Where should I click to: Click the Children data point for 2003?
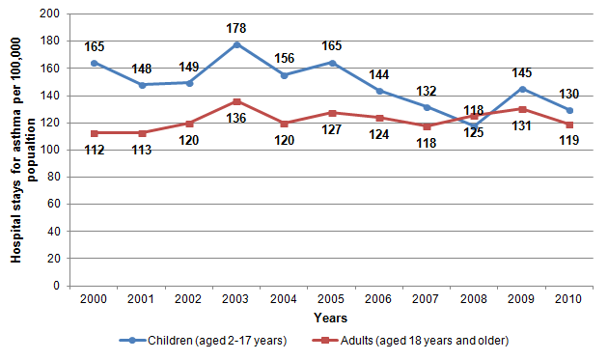click(236, 44)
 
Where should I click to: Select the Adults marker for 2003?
click(236, 101)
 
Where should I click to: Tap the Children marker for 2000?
click(95, 63)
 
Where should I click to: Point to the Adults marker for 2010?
click(569, 125)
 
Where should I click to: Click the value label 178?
click(236, 28)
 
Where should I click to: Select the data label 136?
click(236, 119)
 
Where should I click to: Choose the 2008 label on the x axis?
click(475, 300)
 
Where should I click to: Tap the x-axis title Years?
click(330, 318)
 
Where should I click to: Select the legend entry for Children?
click(202, 341)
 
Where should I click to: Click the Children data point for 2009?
click(522, 89)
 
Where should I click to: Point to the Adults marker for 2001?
click(142, 132)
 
